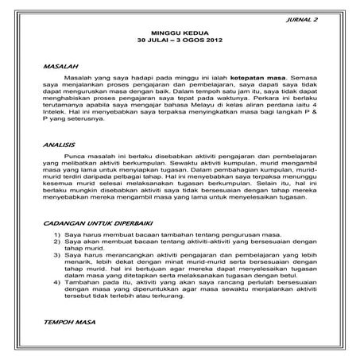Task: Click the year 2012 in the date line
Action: [x=213, y=40]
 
